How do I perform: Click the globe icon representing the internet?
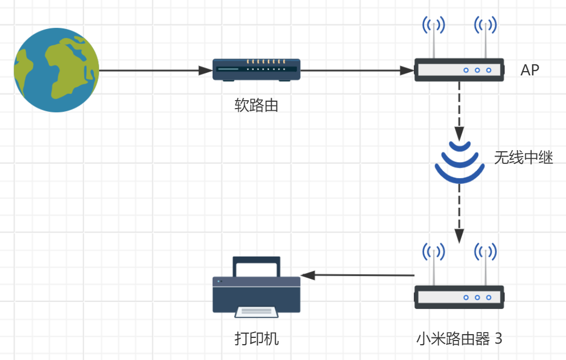coord(56,70)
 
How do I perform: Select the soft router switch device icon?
coord(256,70)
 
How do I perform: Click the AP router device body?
coord(459,70)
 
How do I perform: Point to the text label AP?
coord(530,70)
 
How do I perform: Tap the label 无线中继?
coord(523,158)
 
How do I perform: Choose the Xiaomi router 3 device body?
coord(459,297)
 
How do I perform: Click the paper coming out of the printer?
coord(256,312)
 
